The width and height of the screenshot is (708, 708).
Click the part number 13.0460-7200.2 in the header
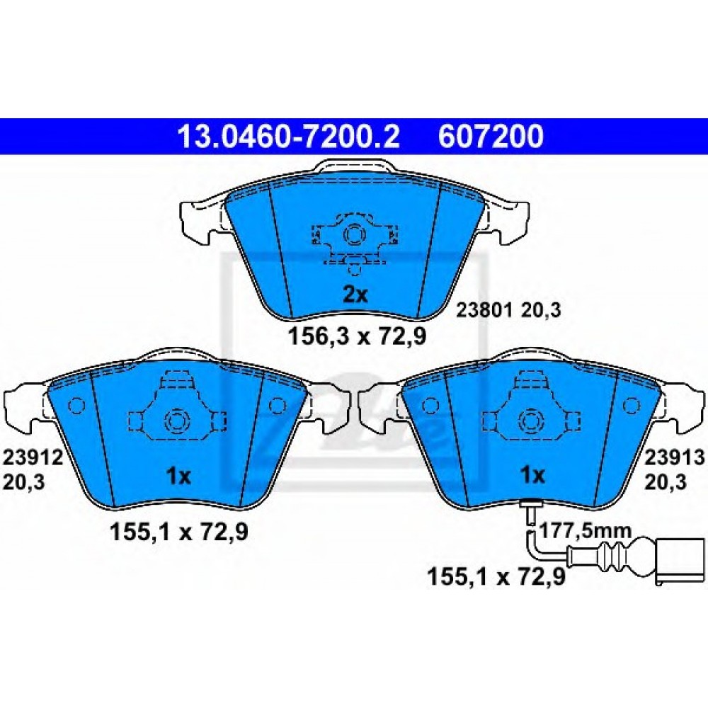(289, 137)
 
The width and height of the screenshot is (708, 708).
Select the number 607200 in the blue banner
(491, 137)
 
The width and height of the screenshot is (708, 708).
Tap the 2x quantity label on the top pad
(355, 295)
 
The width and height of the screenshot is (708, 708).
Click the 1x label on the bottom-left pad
(179, 476)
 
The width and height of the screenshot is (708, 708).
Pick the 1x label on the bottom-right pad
(533, 475)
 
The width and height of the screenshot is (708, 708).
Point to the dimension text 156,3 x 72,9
(357, 337)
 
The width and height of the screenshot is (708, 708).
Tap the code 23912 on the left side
(33, 458)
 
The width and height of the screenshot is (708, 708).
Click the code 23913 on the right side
(674, 458)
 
